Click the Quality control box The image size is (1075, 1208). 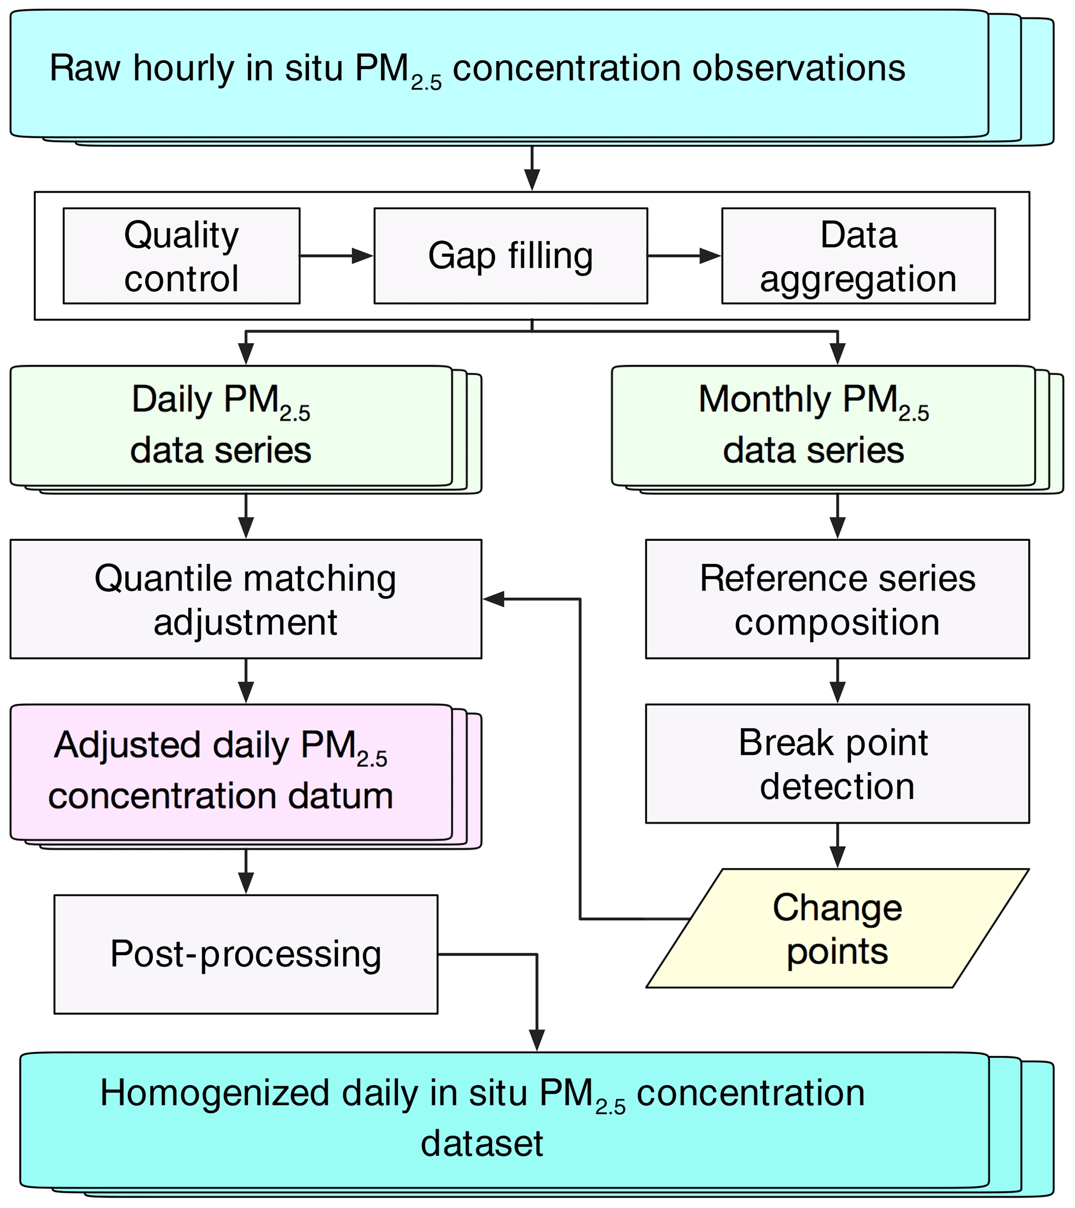click(x=182, y=256)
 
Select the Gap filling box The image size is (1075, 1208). click(x=510, y=256)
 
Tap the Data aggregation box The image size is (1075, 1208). click(x=858, y=256)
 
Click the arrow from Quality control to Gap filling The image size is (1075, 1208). click(x=336, y=256)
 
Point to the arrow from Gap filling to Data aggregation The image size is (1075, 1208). click(x=684, y=256)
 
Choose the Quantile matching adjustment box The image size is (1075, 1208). click(x=245, y=599)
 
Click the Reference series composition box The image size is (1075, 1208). click(x=837, y=599)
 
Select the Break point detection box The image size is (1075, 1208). click(x=837, y=763)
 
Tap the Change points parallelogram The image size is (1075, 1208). click(x=837, y=929)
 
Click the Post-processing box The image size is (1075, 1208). click(x=245, y=954)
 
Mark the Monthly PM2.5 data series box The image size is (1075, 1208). click(x=823, y=426)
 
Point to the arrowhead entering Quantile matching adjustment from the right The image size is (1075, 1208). click(x=494, y=599)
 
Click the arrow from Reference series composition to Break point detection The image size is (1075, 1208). click(x=837, y=681)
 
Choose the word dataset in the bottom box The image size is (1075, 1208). click(x=482, y=1143)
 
